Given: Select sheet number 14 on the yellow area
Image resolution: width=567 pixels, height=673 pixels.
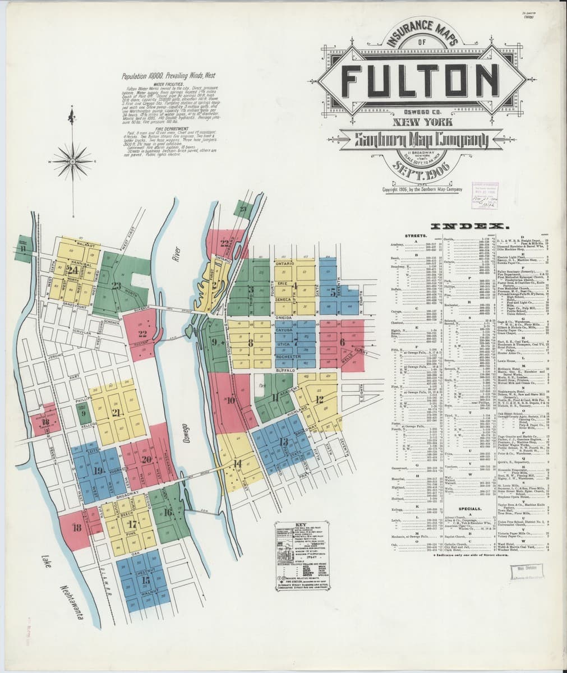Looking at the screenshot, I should pos(238,463).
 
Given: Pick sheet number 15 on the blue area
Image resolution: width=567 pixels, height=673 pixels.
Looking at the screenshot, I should pos(146,580).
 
